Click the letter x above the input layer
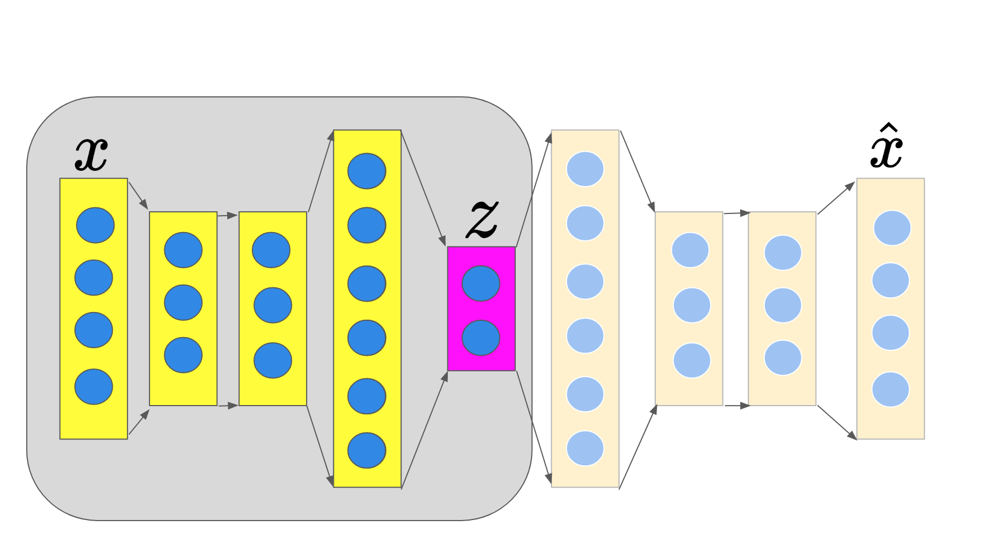pos(91,154)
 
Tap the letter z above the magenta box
pos(482,219)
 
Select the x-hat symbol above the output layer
pos(886,148)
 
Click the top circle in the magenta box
pos(481,284)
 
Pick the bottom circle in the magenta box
pos(481,338)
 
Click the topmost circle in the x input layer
pos(95,225)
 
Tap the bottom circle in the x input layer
pos(94,386)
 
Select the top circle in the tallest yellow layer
pos(367,171)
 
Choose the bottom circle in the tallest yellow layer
pos(367,450)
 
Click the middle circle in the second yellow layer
pos(183,303)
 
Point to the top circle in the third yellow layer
pos(271,250)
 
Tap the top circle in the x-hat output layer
pos(892,228)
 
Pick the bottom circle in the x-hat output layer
pos(891,389)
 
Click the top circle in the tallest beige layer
pos(585,169)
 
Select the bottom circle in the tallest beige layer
pos(585,448)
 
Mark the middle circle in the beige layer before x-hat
pos(783,305)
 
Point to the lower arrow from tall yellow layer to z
pos(425,430)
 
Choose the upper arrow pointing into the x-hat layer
pos(836,198)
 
